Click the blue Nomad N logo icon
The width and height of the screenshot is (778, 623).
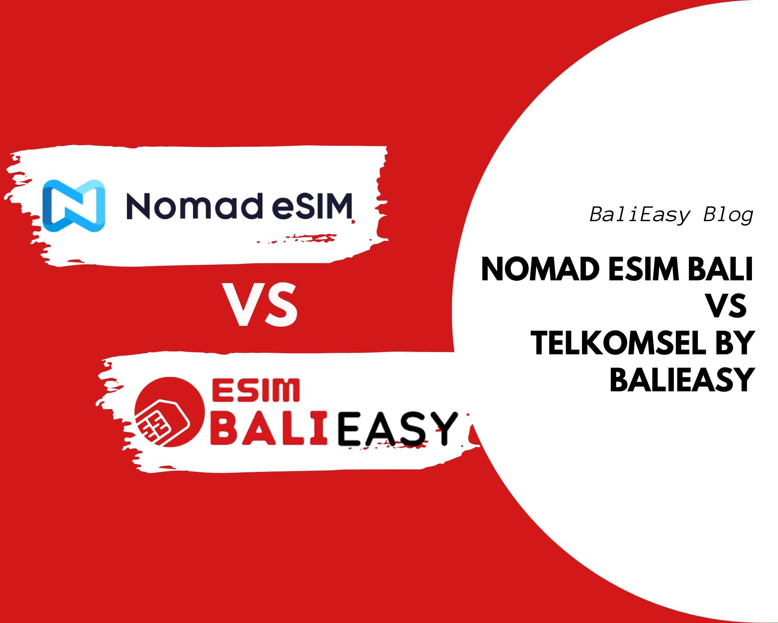click(x=74, y=206)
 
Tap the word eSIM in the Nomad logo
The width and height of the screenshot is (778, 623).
click(x=312, y=206)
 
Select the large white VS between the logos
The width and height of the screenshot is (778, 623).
click(x=260, y=304)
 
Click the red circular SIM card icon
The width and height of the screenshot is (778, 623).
click(x=170, y=412)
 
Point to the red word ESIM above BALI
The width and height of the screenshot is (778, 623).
click(x=256, y=391)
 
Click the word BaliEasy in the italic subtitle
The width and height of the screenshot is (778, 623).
click(x=640, y=215)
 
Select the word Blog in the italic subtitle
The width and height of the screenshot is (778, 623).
click(x=728, y=215)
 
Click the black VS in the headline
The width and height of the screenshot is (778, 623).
click(x=727, y=306)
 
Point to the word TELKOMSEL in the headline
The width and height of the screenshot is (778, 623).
click(x=619, y=343)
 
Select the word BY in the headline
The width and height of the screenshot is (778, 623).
click(x=735, y=343)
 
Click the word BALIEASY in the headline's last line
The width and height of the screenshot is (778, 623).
click(x=682, y=380)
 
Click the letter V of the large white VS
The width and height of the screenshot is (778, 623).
click(x=242, y=304)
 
